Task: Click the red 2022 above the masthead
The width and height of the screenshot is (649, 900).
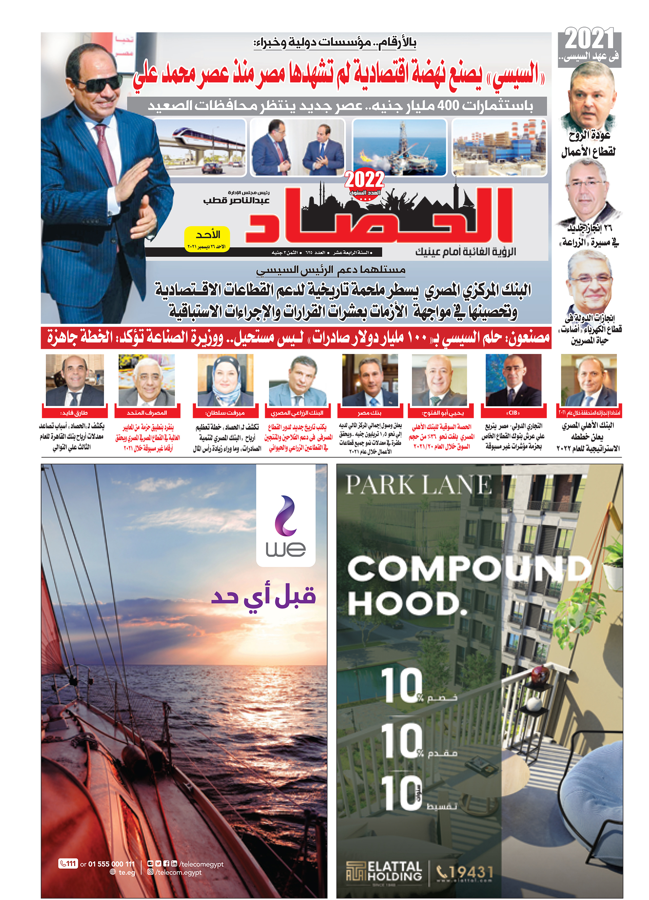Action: coord(364,180)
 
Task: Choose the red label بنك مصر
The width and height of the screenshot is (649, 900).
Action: coord(369,413)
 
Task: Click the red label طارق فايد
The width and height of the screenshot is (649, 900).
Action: coord(74,413)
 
